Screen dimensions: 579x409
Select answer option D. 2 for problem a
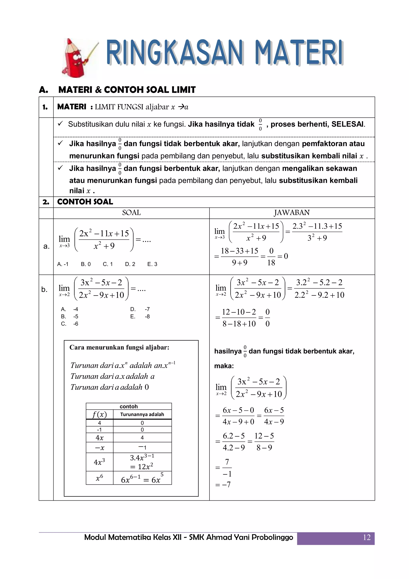[130, 264]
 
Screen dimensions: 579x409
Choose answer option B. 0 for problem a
[86, 264]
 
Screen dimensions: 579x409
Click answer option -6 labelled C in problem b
[75, 324]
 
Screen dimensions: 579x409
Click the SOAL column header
[131, 213]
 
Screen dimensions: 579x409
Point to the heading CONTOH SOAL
[85, 202]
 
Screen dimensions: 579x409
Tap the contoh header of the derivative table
[129, 406]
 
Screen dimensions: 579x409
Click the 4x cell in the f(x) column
[99, 437]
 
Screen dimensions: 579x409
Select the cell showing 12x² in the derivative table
[142, 466]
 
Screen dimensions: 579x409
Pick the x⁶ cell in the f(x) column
[99, 477]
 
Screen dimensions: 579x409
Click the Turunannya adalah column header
[142, 414]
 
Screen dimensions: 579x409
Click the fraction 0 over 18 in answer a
[271, 257]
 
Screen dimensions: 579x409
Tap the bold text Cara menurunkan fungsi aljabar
[119, 347]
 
